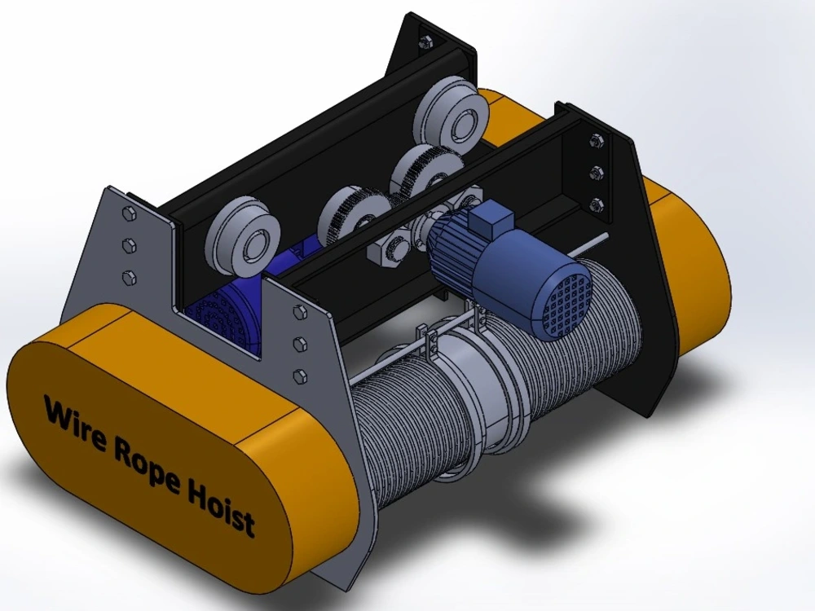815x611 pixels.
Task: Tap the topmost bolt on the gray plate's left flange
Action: coord(128,213)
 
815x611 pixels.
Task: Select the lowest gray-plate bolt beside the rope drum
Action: coord(300,376)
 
